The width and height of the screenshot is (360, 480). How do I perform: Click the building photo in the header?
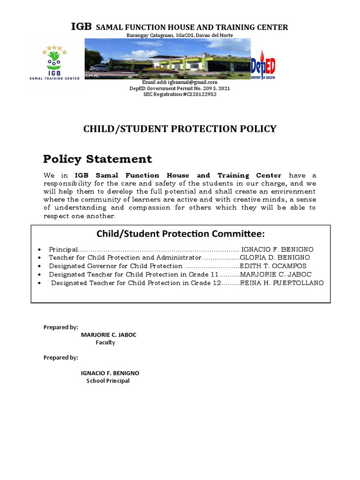tap(167, 59)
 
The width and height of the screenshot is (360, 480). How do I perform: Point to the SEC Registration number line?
tap(180, 94)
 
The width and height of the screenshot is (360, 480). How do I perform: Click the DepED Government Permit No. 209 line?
tap(180, 88)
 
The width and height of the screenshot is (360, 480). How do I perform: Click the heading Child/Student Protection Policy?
tap(180, 129)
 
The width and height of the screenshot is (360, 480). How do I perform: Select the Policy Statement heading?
tap(97, 159)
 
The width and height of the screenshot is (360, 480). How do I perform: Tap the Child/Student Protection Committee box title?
tap(180, 233)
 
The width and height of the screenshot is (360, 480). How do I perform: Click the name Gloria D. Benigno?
tap(275, 257)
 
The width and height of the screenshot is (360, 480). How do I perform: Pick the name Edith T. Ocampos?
tap(273, 266)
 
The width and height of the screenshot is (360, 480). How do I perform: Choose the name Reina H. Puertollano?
tap(281, 283)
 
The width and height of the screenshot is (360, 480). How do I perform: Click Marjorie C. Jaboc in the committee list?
tap(276, 274)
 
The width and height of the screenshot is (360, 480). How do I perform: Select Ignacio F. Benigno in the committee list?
tap(277, 249)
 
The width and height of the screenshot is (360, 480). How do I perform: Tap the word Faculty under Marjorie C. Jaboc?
tap(105, 343)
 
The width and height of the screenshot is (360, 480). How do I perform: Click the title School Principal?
tap(108, 381)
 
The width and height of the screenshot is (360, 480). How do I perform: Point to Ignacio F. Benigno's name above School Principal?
tap(110, 373)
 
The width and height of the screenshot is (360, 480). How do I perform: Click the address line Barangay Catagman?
tap(180, 36)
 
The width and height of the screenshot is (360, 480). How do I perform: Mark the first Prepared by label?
tap(60, 327)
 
